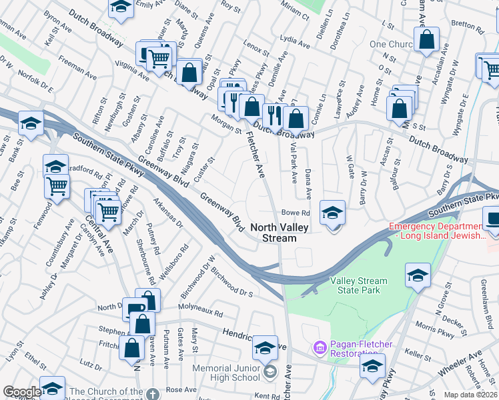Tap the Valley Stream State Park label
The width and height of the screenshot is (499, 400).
[358, 285]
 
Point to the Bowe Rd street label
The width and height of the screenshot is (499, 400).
[296, 213]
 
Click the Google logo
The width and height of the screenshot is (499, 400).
[21, 392]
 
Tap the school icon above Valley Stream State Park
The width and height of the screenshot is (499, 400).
[418, 275]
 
